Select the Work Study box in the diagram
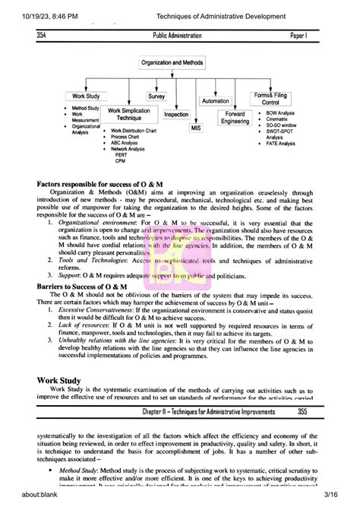coord(87,97)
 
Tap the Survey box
coord(156,97)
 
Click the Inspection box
coord(176,114)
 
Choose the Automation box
coord(215,100)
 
